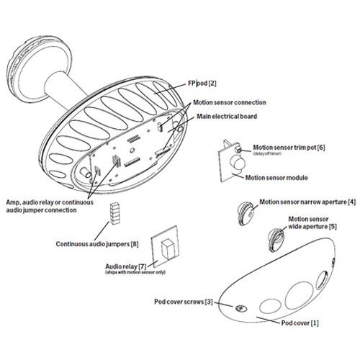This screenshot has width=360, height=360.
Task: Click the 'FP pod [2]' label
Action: tap(202, 84)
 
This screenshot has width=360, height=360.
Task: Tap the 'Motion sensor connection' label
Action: tap(230, 102)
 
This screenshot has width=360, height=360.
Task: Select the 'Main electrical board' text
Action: tap(227, 117)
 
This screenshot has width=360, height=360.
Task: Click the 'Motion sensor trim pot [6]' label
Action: tap(289, 148)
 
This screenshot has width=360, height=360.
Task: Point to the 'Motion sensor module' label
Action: tap(276, 178)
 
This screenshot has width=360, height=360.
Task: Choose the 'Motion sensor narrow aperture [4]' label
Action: tap(307, 202)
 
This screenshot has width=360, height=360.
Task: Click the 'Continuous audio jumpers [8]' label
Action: tap(97, 244)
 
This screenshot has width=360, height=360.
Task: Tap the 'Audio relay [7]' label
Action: tap(126, 266)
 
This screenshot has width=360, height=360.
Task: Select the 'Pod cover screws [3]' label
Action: tap(184, 302)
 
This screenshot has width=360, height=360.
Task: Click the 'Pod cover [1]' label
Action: tap(300, 323)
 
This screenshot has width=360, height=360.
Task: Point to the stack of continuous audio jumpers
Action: tap(114, 213)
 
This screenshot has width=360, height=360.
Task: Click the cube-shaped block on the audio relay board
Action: tap(169, 248)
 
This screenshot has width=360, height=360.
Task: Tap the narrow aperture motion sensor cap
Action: tap(246, 213)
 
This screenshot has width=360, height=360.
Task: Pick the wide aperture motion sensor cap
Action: tap(276, 239)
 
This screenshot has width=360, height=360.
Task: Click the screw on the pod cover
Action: tap(241, 308)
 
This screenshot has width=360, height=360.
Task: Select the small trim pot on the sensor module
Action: tap(237, 149)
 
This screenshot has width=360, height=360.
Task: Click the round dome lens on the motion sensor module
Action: tap(237, 163)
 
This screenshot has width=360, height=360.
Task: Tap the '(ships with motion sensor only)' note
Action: tap(135, 272)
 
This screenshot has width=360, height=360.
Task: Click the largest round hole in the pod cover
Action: tap(300, 295)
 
